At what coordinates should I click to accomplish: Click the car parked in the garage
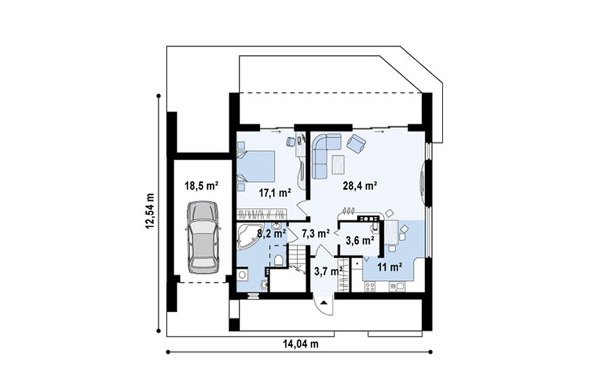point(203,237)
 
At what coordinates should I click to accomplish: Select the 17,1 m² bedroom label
point(275,193)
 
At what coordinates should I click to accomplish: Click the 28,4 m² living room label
point(360,185)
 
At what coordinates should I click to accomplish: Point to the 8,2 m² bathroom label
point(271,234)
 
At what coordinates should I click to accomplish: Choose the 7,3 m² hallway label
point(315,234)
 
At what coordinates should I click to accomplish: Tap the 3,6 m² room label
point(360,240)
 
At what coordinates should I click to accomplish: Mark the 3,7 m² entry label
point(329,271)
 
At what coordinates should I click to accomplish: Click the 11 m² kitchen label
point(390,267)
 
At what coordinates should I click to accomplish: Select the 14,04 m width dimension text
point(300,344)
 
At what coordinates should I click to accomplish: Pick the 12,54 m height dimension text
point(150,211)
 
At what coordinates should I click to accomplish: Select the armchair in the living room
point(356,143)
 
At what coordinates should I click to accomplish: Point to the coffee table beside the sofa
point(338,165)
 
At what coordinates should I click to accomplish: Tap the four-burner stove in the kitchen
point(370,286)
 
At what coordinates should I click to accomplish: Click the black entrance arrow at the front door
point(324,303)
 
